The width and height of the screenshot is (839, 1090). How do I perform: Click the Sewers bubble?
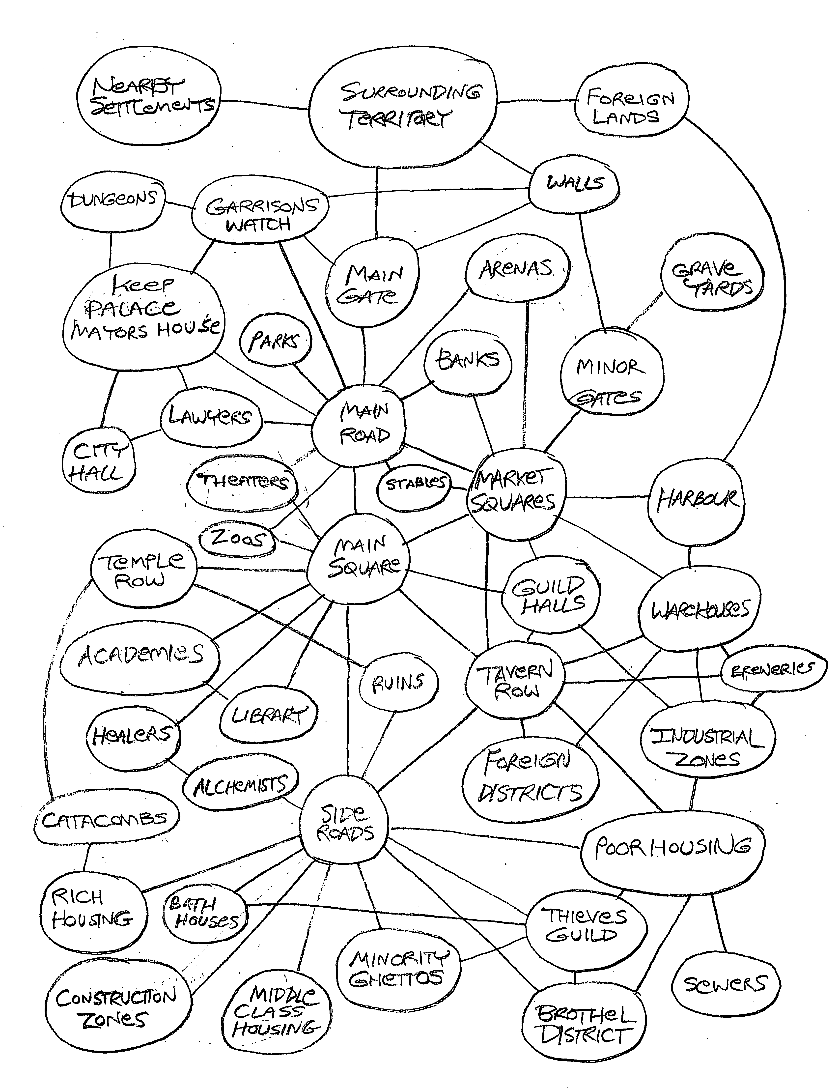pyautogui.click(x=725, y=984)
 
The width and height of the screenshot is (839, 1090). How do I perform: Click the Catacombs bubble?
pyautogui.click(x=106, y=820)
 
